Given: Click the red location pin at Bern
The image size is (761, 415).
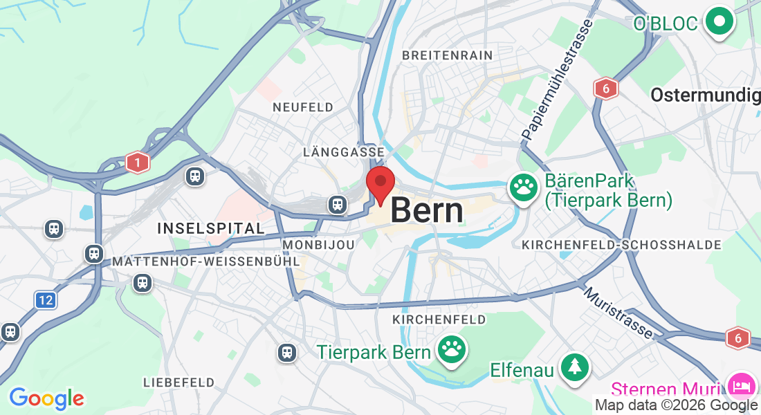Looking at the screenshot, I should tap(380, 183).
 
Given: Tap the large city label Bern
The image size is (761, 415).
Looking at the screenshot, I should tap(427, 210).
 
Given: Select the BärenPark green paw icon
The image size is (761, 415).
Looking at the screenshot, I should tap(524, 187).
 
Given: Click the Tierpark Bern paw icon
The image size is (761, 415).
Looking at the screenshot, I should tap(452, 350).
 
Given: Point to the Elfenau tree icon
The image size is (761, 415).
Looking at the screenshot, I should tap(574, 367).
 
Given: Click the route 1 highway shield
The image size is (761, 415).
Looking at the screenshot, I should tap(138, 163).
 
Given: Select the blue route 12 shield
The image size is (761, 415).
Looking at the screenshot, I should tap(45, 300).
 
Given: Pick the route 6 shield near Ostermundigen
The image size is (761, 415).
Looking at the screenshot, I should tap(605, 88).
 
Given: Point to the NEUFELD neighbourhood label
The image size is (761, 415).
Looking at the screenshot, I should tap(303, 107).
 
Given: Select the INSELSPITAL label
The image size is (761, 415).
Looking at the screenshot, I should tap(210, 228).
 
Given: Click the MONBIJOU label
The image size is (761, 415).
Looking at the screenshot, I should tap(319, 244).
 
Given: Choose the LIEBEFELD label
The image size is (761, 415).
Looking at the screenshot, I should tap(178, 382).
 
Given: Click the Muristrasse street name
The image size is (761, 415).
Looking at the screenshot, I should tap(618, 313).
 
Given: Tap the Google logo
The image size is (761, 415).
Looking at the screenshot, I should tap(46, 398).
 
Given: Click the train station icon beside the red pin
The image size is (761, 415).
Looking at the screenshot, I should tap(338, 204).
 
